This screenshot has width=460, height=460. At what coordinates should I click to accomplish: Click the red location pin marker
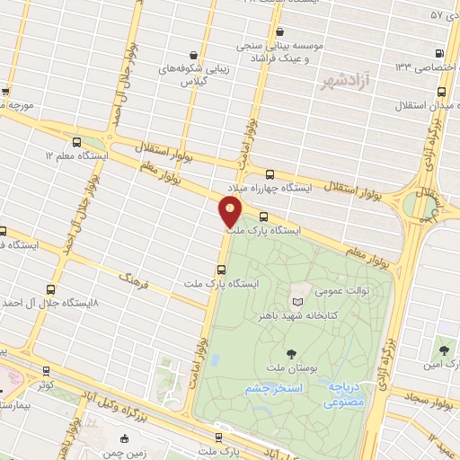(x=230, y=212)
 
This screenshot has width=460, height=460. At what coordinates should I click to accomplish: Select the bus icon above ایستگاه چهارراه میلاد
(x=270, y=174)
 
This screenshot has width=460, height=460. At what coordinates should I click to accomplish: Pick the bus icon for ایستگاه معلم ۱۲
(x=75, y=142)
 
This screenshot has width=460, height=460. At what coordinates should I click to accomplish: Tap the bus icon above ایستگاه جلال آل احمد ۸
(x=49, y=290)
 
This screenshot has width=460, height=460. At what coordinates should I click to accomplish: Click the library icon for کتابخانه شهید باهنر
(x=298, y=301)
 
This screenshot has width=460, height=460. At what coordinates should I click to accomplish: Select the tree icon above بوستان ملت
(x=289, y=354)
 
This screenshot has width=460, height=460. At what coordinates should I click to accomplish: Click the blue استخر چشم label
(x=273, y=387)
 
